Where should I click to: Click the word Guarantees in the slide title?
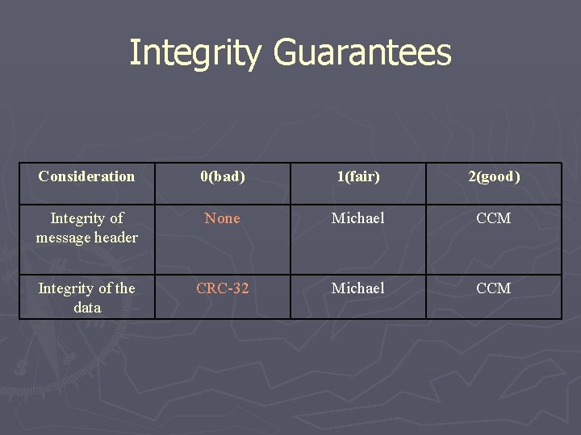tap(362, 53)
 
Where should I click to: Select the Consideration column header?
tap(86, 176)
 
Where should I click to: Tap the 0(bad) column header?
tap(222, 176)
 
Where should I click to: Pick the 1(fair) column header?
tap(357, 176)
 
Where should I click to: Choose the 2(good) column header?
tap(494, 176)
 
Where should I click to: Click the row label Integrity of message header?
tap(86, 227)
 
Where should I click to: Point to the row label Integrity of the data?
tap(86, 297)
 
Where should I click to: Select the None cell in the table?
tap(222, 218)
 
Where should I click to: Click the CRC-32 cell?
tap(222, 288)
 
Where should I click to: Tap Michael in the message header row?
tap(357, 218)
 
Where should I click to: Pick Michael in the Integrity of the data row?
tap(357, 288)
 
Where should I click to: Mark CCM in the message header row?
tap(494, 218)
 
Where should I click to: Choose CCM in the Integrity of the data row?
tap(494, 288)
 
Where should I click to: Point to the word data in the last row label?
tap(87, 308)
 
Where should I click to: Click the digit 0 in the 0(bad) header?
tap(204, 176)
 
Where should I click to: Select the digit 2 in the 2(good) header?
tap(472, 176)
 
